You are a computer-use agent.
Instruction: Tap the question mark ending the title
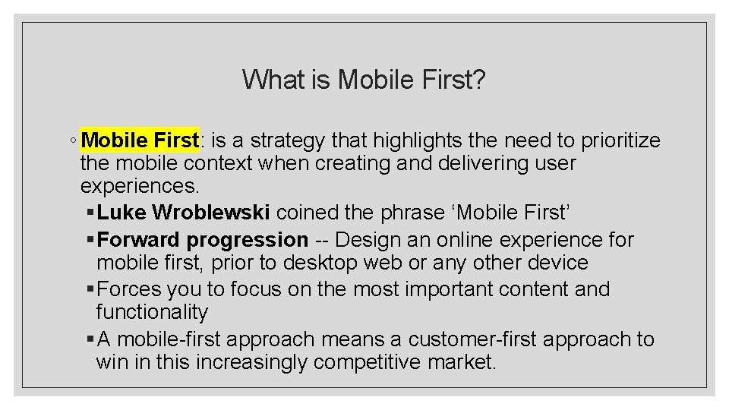478,79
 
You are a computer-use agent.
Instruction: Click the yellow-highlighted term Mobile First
140,140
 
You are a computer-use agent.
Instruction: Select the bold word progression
248,240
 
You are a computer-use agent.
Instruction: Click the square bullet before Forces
90,289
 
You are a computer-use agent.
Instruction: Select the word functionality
152,312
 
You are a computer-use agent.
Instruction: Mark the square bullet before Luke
90,213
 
